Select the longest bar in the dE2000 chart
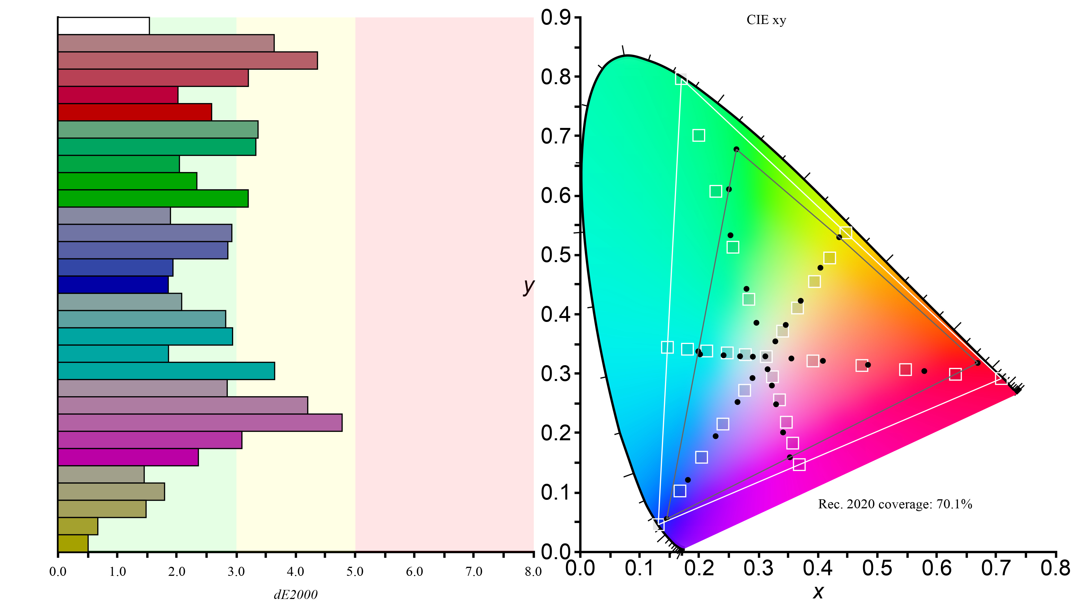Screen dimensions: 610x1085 (x=200, y=423)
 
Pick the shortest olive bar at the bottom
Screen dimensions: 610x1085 (x=73, y=543)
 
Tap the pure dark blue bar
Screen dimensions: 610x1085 (x=113, y=285)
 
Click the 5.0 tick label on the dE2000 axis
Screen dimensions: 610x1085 (x=355, y=572)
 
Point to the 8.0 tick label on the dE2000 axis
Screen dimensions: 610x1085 (x=533, y=572)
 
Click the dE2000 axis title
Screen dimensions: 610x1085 (x=296, y=594)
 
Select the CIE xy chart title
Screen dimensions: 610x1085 (x=766, y=20)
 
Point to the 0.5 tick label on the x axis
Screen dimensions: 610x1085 (x=877, y=568)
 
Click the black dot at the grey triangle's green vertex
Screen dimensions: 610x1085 (x=736, y=149)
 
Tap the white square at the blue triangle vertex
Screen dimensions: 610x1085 (x=659, y=524)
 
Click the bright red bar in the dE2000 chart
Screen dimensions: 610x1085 (x=135, y=112)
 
